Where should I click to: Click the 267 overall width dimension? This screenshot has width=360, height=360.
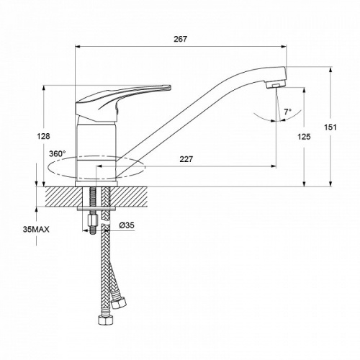tap(180, 39)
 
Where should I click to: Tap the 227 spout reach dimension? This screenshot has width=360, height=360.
tap(186, 159)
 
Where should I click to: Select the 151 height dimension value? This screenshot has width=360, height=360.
tap(330, 127)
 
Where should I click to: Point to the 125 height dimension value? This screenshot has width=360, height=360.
tap(304, 137)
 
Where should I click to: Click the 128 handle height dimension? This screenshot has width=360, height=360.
tap(43, 136)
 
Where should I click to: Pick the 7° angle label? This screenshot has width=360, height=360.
tap(288, 112)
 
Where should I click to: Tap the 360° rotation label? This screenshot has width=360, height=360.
tap(58, 153)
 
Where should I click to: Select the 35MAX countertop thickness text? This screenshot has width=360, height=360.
tap(36, 230)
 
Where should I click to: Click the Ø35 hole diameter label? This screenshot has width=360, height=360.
tap(127, 225)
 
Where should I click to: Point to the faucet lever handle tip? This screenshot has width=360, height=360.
tap(170, 87)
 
